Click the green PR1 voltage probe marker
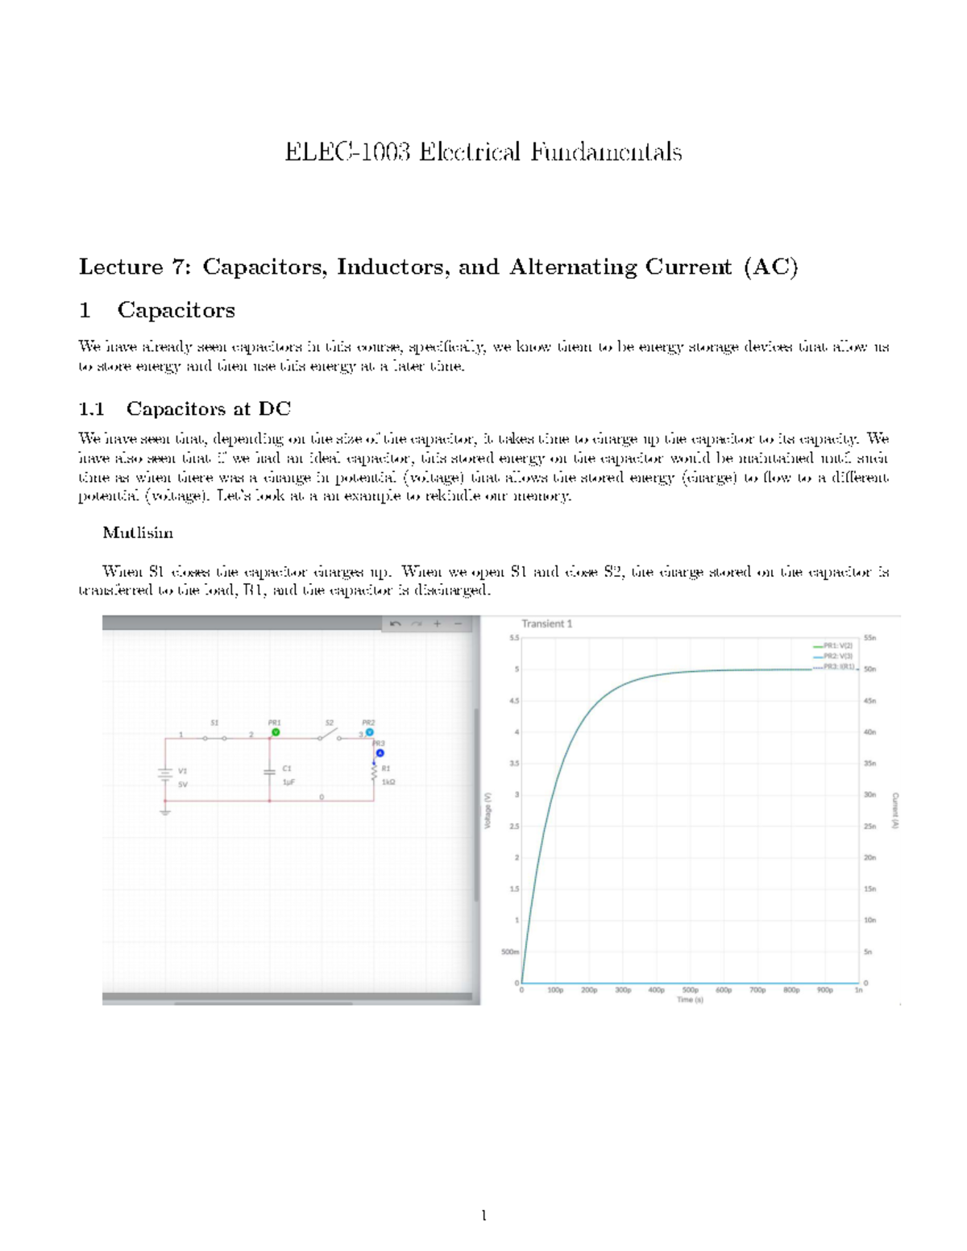(276, 732)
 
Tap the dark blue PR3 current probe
(380, 753)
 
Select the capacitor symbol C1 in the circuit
(269, 772)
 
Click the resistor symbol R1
(374, 773)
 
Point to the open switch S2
(329, 735)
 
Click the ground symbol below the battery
(165, 811)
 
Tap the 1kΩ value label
(388, 782)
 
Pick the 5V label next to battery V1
(183, 785)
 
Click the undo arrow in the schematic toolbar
(395, 623)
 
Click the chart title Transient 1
(546, 623)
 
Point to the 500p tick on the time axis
(691, 990)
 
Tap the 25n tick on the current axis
(870, 826)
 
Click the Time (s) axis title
(690, 1000)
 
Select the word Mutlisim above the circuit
(138, 533)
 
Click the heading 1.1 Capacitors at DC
(185, 409)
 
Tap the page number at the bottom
(483, 1216)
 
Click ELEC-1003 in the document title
(347, 152)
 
